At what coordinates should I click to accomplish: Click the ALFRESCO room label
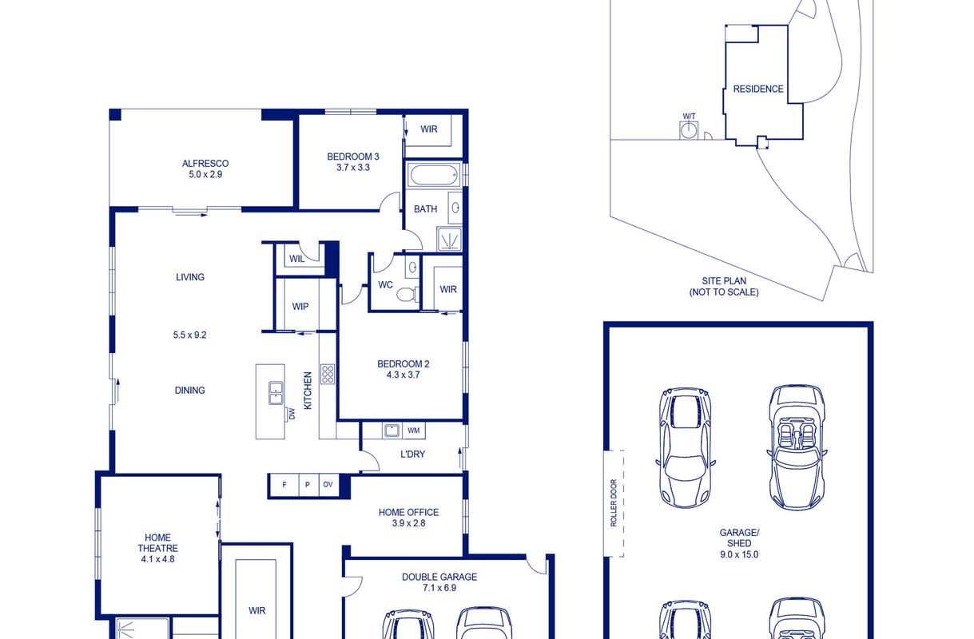(x=205, y=164)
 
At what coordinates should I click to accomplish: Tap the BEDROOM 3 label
(x=353, y=157)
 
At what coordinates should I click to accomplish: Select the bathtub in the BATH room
(x=433, y=175)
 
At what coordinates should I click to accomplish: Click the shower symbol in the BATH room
(x=449, y=239)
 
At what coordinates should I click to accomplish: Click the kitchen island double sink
(x=276, y=394)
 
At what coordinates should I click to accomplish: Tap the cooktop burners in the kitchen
(x=328, y=375)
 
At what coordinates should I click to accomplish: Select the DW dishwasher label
(x=292, y=414)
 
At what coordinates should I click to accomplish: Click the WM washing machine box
(x=414, y=431)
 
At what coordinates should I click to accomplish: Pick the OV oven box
(x=328, y=485)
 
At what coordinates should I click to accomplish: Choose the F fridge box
(x=284, y=485)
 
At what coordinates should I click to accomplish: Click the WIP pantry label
(x=300, y=307)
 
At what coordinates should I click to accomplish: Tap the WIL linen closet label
(x=297, y=259)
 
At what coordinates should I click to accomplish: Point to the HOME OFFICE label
(x=409, y=513)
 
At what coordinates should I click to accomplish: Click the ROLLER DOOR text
(x=614, y=503)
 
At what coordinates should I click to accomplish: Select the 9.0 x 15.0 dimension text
(x=739, y=554)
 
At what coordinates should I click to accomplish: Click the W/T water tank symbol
(x=690, y=130)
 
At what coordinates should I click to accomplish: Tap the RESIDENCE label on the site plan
(x=758, y=89)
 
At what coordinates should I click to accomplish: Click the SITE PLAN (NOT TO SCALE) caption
(x=724, y=287)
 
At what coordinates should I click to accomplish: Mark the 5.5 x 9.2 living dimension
(x=189, y=335)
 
